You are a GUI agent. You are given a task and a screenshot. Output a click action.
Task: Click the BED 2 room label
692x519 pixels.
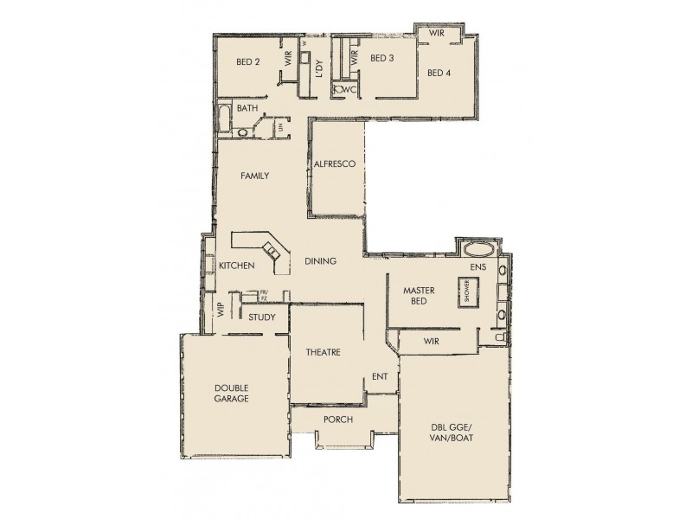click(x=248, y=61)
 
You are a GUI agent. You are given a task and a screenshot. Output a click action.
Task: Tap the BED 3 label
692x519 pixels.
click(x=381, y=59)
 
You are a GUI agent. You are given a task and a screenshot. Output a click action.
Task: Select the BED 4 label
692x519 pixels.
click(x=439, y=73)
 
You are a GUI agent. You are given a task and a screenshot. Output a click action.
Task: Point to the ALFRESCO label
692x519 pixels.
click(x=336, y=163)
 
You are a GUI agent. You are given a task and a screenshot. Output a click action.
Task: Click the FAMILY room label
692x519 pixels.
click(x=254, y=176)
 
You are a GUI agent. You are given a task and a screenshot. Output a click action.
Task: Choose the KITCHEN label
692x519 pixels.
click(x=236, y=266)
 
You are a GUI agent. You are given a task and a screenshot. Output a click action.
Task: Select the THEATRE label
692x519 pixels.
click(x=323, y=352)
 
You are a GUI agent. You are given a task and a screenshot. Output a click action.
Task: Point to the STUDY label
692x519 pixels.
click(x=261, y=317)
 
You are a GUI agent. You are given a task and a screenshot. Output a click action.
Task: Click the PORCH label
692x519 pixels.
click(x=336, y=420)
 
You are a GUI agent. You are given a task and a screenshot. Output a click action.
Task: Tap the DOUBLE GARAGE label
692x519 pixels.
click(x=231, y=394)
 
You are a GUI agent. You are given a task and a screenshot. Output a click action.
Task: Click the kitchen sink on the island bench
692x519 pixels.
click(x=272, y=253)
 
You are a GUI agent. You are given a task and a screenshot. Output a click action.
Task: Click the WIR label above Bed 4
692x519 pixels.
click(x=436, y=33)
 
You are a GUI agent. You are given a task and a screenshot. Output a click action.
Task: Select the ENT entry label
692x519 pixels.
click(x=379, y=376)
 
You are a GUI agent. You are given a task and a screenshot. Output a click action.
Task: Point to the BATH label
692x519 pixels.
click(x=247, y=108)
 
